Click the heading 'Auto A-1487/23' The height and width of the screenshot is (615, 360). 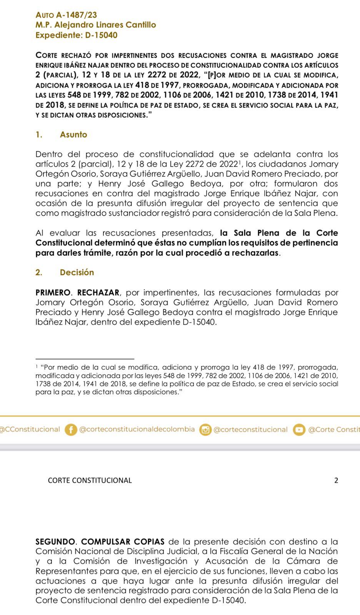click(x=66, y=15)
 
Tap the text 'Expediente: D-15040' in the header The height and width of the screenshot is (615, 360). click(x=76, y=35)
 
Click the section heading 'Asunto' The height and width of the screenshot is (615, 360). click(x=73, y=135)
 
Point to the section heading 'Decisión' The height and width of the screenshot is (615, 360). click(x=77, y=272)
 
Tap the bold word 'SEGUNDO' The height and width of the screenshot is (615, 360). click(x=55, y=542)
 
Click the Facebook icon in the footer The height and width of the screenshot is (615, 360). click(x=71, y=429)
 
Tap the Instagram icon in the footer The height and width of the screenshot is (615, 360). click(x=205, y=430)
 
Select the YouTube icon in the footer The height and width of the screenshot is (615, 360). click(x=299, y=430)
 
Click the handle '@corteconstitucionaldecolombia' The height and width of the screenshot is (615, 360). click(x=137, y=429)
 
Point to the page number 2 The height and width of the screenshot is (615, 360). click(x=336, y=480)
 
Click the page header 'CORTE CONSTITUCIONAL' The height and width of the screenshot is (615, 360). click(x=90, y=480)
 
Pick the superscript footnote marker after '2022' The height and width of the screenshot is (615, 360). click(x=239, y=163)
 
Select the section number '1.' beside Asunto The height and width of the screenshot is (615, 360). click(x=38, y=135)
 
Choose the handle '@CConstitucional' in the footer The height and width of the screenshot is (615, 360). click(x=30, y=429)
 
